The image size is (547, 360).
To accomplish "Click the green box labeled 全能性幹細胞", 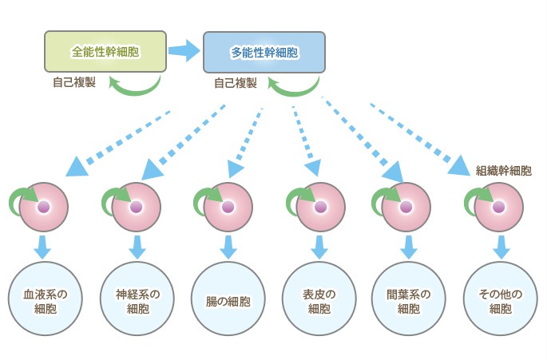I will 105,52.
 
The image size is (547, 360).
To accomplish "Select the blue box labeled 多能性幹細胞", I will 264,53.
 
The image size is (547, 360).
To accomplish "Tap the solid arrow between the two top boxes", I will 184,52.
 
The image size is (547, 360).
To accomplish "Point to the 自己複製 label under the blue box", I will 236,82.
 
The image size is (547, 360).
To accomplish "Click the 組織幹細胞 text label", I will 503,170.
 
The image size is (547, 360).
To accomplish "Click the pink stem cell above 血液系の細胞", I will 45,207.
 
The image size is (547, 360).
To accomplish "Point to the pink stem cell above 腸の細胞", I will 228,207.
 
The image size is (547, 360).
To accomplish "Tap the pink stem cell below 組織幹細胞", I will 500,207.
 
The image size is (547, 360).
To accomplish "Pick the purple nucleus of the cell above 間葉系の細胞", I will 409,207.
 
